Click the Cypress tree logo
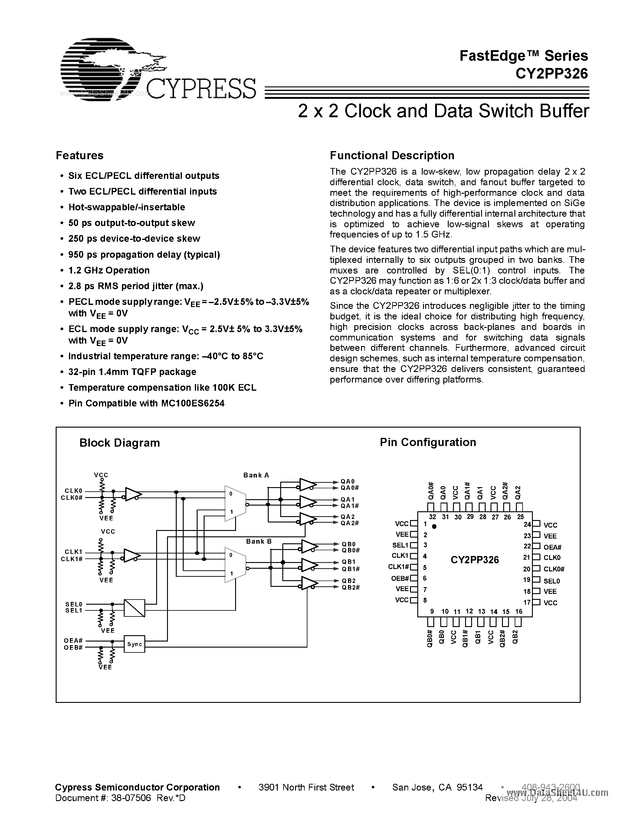(x=110, y=69)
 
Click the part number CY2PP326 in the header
(x=552, y=73)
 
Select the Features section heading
(x=80, y=155)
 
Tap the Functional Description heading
(x=392, y=155)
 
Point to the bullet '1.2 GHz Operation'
(x=109, y=270)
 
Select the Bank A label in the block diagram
(x=256, y=475)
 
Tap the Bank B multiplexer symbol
(x=235, y=565)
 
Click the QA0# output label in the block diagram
(x=350, y=488)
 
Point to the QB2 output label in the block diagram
(x=348, y=580)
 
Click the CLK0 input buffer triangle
(x=133, y=494)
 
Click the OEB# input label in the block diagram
(x=73, y=647)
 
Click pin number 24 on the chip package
(x=527, y=524)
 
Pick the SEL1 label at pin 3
(x=400, y=545)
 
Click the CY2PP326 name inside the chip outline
(x=475, y=560)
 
